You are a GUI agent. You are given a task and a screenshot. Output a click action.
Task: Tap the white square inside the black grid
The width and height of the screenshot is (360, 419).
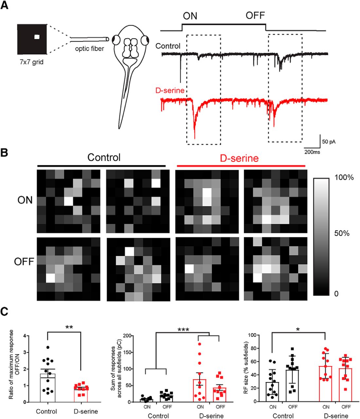pos(37,37)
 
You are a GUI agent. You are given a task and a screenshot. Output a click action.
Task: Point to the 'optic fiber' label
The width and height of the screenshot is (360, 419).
pos(89,49)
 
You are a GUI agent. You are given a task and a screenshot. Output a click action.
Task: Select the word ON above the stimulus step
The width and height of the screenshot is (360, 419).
pos(190,16)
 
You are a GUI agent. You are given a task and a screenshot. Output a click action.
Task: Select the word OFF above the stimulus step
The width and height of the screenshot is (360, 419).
pos(255,15)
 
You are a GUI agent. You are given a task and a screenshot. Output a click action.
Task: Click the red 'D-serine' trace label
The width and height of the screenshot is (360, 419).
pos(170,90)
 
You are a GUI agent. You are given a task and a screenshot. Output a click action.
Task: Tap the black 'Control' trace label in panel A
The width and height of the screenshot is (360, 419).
pos(168,46)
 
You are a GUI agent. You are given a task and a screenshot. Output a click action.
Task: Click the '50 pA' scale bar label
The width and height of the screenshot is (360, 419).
pos(329,142)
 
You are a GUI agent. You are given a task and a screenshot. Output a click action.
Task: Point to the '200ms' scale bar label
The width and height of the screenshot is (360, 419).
pos(312,152)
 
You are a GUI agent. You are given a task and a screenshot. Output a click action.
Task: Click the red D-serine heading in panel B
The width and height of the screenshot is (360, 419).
pos(239,158)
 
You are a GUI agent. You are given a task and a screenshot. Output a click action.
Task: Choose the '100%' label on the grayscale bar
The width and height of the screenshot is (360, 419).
pos(344,177)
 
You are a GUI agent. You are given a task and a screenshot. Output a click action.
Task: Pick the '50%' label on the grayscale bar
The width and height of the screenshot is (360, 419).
pos(342,233)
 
